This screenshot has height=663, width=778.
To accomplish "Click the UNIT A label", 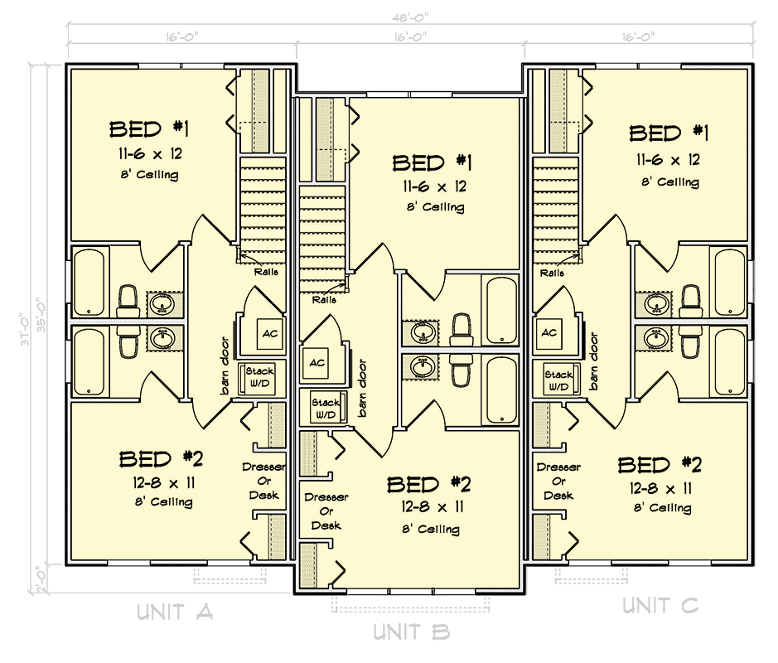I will pyautogui.click(x=176, y=612).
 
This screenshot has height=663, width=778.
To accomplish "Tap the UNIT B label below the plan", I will pyautogui.click(x=411, y=632).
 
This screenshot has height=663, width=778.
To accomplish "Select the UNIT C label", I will pyautogui.click(x=660, y=606).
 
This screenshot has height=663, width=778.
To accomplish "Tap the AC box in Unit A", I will pyautogui.click(x=270, y=333).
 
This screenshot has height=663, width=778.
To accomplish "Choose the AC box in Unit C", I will pyautogui.click(x=548, y=332).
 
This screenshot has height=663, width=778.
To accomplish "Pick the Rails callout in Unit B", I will pyautogui.click(x=324, y=299).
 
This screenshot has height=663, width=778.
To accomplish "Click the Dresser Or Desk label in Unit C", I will pyautogui.click(x=558, y=481).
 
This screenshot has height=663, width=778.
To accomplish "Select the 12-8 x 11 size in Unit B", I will pyautogui.click(x=431, y=507).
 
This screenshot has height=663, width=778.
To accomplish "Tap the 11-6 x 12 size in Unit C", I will pyautogui.click(x=668, y=160).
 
